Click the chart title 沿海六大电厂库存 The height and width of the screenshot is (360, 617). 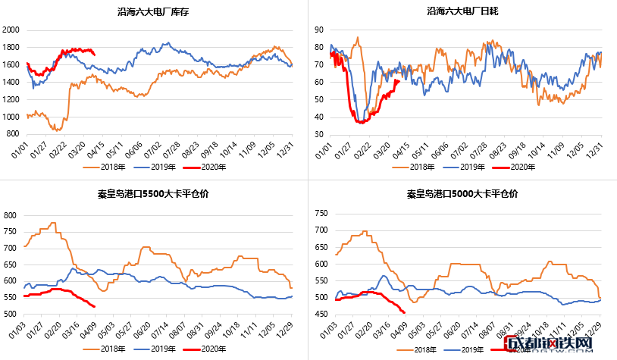pyautogui.click(x=155, y=11)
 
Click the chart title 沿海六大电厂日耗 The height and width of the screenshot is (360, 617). pyautogui.click(x=463, y=11)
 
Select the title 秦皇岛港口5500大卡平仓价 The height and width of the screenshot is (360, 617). pyautogui.click(x=154, y=194)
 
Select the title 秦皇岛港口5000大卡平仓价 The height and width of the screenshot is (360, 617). pyautogui.click(x=463, y=194)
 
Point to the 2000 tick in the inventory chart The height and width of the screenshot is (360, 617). pyautogui.click(x=11, y=30)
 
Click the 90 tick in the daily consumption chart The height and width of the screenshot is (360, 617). pyautogui.click(x=320, y=30)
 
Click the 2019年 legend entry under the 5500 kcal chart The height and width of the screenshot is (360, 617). pyautogui.click(x=160, y=348)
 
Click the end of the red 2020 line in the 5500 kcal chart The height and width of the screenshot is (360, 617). pyautogui.click(x=94, y=307)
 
